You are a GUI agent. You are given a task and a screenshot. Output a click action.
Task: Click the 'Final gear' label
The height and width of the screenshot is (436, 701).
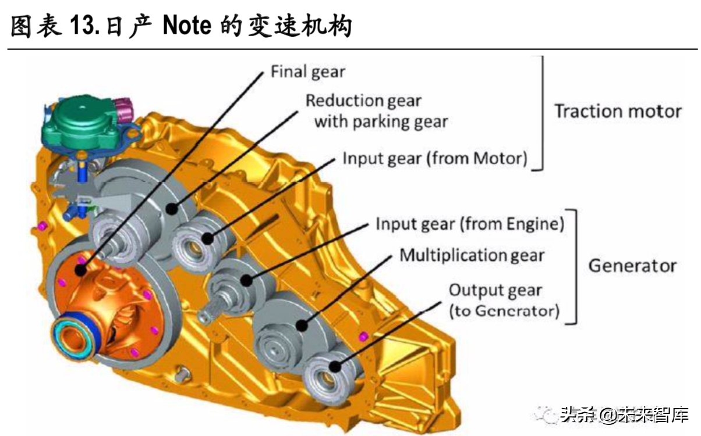click(x=308, y=72)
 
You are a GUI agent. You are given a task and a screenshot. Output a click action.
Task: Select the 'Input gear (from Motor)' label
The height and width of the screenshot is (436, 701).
click(x=435, y=158)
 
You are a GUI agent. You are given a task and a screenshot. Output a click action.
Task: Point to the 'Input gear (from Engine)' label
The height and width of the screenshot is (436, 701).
click(x=469, y=224)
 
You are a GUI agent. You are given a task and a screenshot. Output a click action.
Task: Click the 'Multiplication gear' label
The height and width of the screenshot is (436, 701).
click(x=472, y=255)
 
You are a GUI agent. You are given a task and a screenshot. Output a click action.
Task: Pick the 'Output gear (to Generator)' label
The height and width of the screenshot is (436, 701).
click(x=503, y=300)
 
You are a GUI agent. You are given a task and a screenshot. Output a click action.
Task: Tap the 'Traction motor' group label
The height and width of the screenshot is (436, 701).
click(x=617, y=111)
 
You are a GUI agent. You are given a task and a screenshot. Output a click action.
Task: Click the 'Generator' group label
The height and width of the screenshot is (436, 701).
click(x=632, y=266)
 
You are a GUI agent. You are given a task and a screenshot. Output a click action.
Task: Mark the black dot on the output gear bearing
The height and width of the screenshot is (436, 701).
click(x=334, y=366)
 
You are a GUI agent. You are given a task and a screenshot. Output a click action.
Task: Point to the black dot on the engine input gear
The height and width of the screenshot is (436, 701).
click(x=247, y=280)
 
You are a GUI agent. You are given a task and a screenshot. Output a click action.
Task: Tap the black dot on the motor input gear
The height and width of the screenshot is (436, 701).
click(x=208, y=237)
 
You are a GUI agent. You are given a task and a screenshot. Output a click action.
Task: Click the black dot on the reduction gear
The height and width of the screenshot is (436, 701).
click(x=172, y=208)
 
